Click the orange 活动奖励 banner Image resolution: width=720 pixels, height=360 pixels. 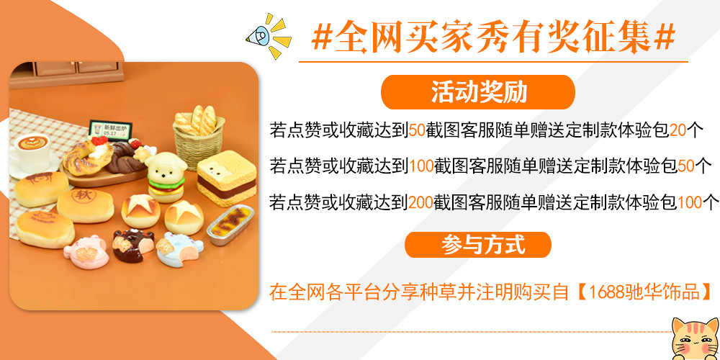(x=478, y=92)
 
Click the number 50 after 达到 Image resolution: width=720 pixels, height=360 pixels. (x=418, y=130)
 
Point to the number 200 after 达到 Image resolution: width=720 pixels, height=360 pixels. (x=420, y=202)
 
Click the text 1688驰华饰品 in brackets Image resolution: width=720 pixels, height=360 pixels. (x=645, y=292)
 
